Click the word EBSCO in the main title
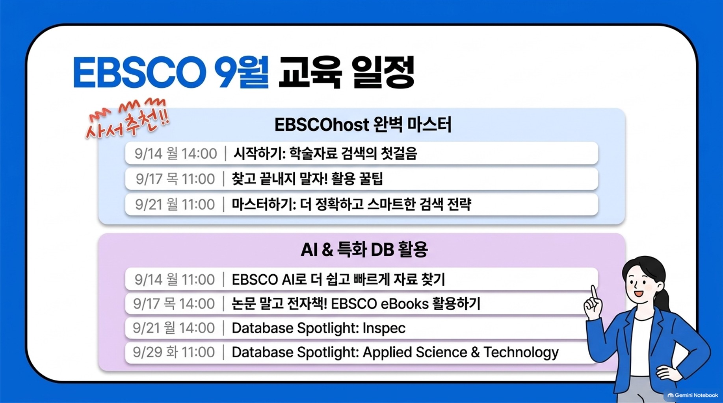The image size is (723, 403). coord(139,72)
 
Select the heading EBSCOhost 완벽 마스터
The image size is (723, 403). coord(363,125)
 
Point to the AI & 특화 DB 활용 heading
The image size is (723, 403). coord(364,249)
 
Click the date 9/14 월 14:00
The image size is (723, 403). coord(176,153)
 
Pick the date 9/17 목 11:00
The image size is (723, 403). coord(175,179)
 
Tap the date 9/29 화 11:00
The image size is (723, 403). coord(174,352)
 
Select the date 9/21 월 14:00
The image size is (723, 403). coord(174,328)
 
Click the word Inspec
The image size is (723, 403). coord(384,328)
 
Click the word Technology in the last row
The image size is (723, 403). coord(521,353)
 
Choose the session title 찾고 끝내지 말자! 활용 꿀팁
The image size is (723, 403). coord(307,179)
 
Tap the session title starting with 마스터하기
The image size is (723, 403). coord(351,204)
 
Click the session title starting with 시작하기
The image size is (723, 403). coord(325,153)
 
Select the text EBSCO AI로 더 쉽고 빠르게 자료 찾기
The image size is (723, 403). coord(338,279)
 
